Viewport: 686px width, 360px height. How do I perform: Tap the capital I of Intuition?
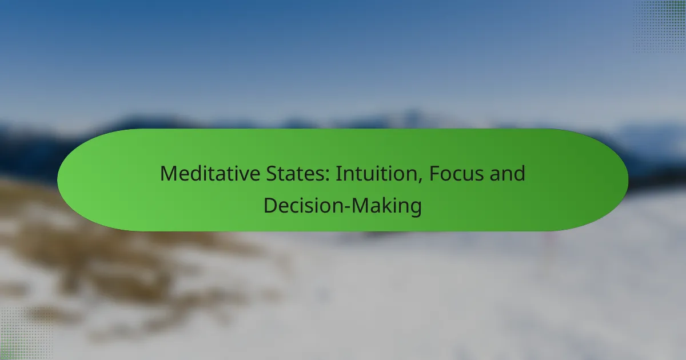tap(337, 174)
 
